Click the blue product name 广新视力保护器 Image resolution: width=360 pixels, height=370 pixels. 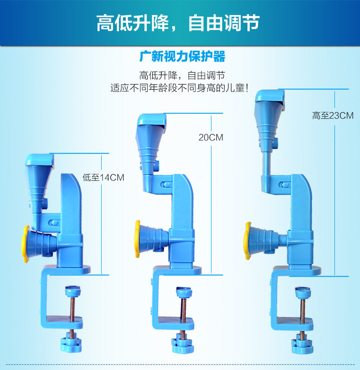click(x=182, y=57)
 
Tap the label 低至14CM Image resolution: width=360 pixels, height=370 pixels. click(x=103, y=177)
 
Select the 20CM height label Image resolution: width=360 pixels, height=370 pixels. click(x=211, y=137)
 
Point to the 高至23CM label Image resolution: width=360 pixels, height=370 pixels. click(x=333, y=116)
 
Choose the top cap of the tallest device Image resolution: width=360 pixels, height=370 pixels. click(x=270, y=96)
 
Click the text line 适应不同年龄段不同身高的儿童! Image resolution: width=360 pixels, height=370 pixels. click(x=179, y=87)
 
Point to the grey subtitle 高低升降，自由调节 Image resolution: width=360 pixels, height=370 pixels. click(x=182, y=74)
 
